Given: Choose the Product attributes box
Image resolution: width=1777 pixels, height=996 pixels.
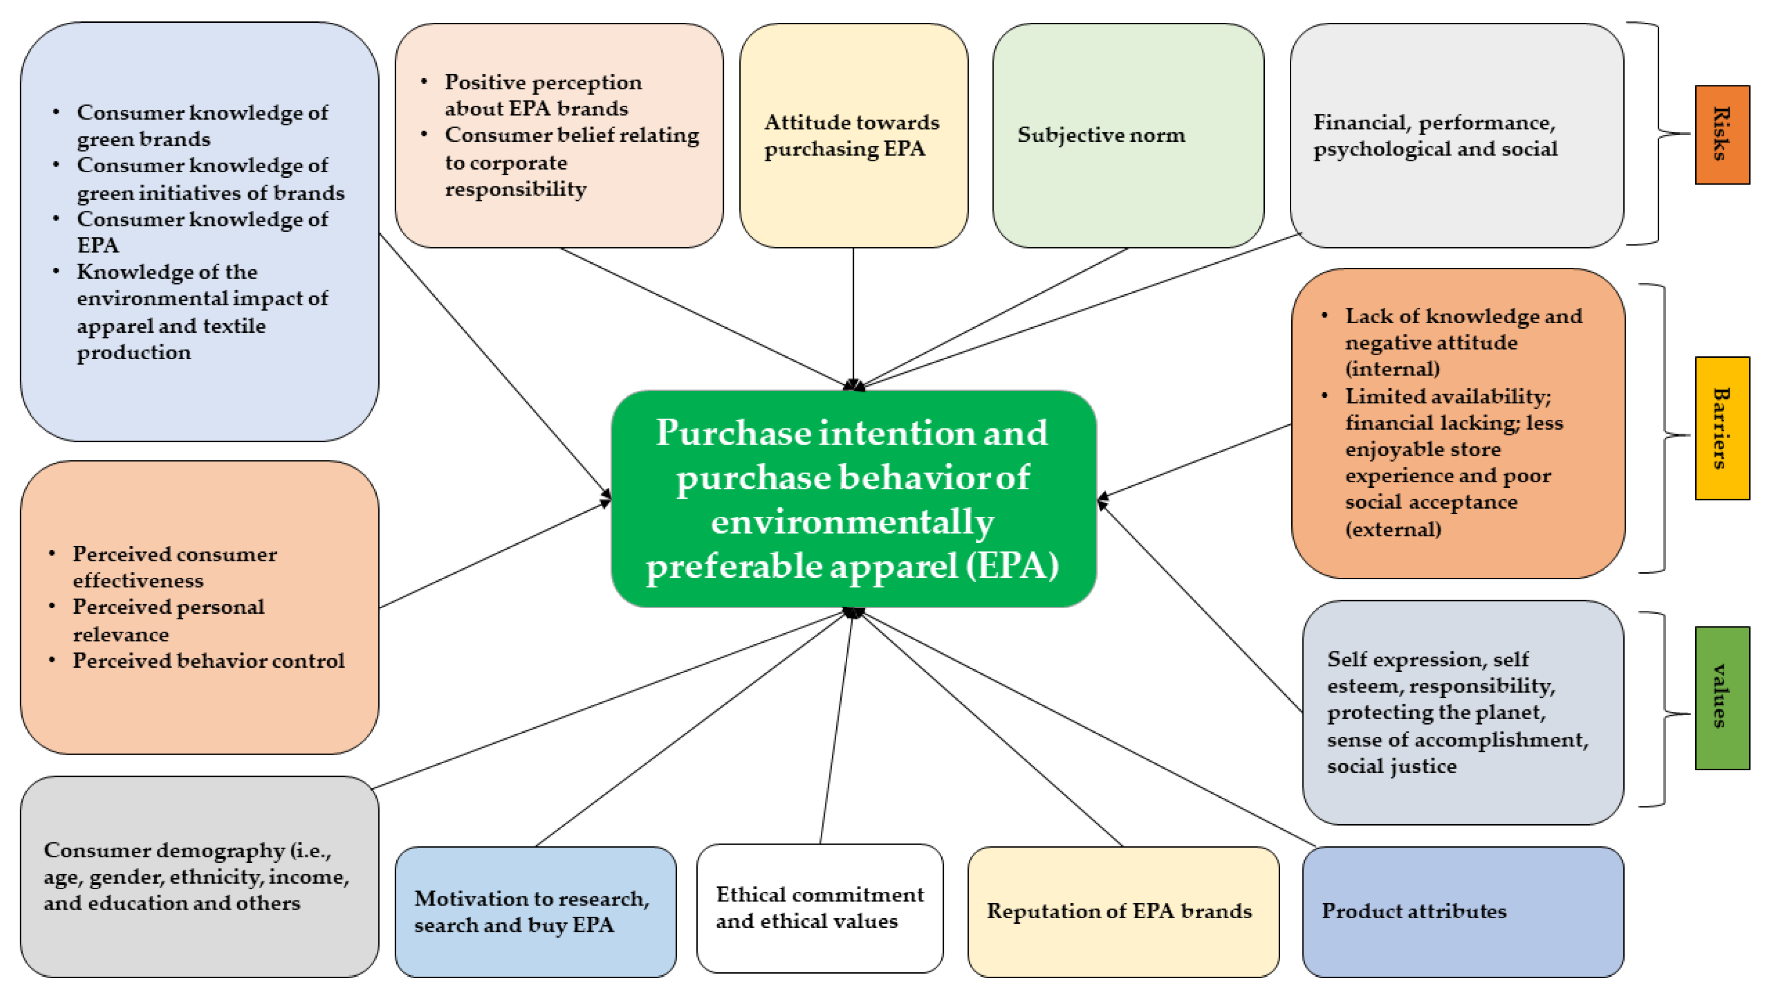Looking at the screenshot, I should (1463, 911).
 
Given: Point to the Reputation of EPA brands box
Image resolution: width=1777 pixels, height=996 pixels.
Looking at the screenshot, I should (1123, 911).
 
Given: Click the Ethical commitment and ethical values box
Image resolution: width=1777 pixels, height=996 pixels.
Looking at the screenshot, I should (819, 908).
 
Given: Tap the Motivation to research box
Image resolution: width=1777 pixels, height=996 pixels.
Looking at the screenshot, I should (535, 911).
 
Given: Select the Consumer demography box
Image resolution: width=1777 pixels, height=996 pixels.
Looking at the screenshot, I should (199, 876).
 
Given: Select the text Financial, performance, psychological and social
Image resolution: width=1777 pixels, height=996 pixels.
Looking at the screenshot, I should (1435, 135).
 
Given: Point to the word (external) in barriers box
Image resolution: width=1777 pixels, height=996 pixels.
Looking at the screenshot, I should (1393, 530).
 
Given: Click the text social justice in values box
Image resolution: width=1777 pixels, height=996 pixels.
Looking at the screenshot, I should (1392, 766).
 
